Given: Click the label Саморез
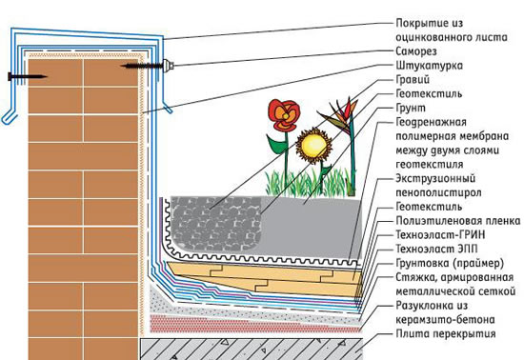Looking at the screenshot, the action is pos(416,51).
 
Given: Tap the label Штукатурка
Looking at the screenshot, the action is pos(429,66).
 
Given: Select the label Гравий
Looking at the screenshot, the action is pos(413,79).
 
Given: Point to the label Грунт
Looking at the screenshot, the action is pos(411,108).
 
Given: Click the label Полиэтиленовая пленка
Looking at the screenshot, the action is pos(458,221).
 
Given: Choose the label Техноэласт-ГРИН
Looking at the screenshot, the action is pos(440,235).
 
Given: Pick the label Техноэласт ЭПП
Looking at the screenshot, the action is pos(436,249).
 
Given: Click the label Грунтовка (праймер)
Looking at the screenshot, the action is pos(450,264).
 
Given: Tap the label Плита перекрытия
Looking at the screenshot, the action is pos(446,333).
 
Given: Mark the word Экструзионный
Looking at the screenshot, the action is pos(435,179).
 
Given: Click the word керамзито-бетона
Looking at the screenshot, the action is pos(445,320).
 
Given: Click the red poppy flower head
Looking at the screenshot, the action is pos(284,115).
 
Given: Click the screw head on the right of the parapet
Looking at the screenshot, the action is pos(168,66).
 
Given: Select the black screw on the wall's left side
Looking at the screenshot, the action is pos(27,76).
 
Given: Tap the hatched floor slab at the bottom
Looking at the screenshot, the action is pos(252,350).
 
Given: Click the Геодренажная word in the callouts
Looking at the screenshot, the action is pos(431,122).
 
